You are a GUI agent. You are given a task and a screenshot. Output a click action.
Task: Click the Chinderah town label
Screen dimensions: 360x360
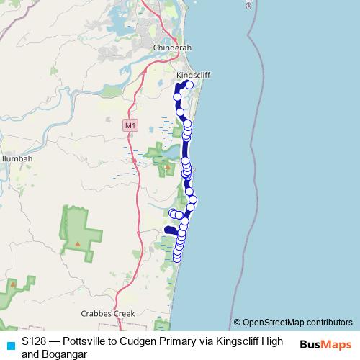171,48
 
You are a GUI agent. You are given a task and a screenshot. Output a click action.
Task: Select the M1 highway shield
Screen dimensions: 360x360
130,125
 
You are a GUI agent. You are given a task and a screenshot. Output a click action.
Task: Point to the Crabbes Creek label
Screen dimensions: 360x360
108,313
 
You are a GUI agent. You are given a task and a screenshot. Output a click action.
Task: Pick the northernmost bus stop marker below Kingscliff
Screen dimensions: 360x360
190,85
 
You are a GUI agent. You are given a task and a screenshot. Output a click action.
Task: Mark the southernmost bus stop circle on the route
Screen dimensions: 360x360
176,258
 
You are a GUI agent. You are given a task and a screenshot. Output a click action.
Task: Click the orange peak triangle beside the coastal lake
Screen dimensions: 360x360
167,166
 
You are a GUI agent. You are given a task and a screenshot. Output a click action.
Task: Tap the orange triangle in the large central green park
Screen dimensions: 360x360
77,243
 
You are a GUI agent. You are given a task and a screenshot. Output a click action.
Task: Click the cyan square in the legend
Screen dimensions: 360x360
10,346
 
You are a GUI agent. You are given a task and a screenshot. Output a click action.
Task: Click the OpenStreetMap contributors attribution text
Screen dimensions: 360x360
292,323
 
